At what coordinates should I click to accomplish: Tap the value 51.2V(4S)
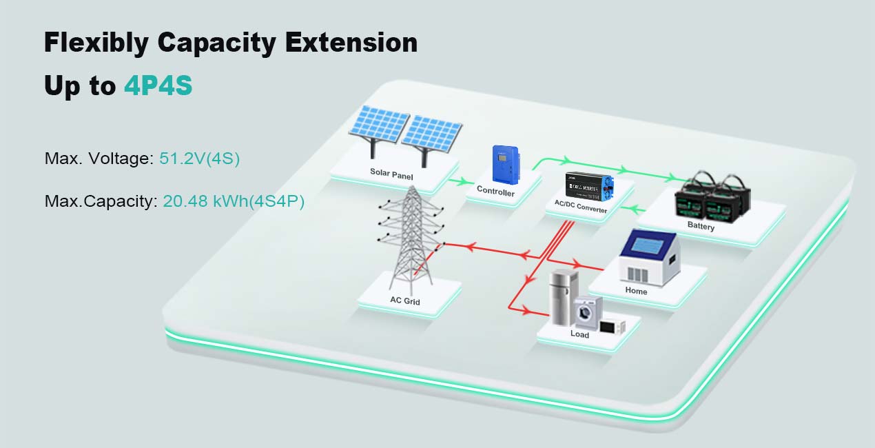(199, 159)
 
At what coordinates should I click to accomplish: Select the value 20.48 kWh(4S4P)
(234, 202)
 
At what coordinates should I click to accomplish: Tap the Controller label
(495, 192)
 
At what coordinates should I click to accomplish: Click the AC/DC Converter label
(581, 208)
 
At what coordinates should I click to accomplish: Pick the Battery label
(701, 226)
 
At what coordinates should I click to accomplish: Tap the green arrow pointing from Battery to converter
(638, 208)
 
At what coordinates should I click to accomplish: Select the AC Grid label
(404, 301)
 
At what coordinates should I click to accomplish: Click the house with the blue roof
(647, 258)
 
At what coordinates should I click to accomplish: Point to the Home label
(636, 291)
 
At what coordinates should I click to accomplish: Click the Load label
(579, 334)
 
